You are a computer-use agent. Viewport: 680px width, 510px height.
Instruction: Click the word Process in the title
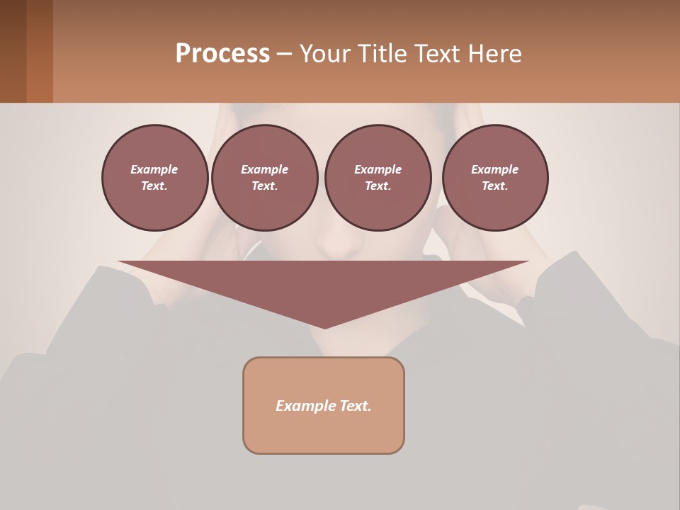(x=222, y=54)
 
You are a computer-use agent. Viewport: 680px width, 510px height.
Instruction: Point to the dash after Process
(x=284, y=55)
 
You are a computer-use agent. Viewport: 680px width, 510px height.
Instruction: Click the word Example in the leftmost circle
(x=154, y=169)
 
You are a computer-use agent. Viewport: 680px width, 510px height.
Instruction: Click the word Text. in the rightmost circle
(x=495, y=186)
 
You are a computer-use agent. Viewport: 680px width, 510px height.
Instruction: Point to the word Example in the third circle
(x=378, y=169)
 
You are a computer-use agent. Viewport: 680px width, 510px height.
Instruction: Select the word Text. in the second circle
(x=265, y=186)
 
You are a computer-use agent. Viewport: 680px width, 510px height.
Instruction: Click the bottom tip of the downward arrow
(x=324, y=327)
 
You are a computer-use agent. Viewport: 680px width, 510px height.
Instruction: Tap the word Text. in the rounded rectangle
(x=356, y=406)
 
